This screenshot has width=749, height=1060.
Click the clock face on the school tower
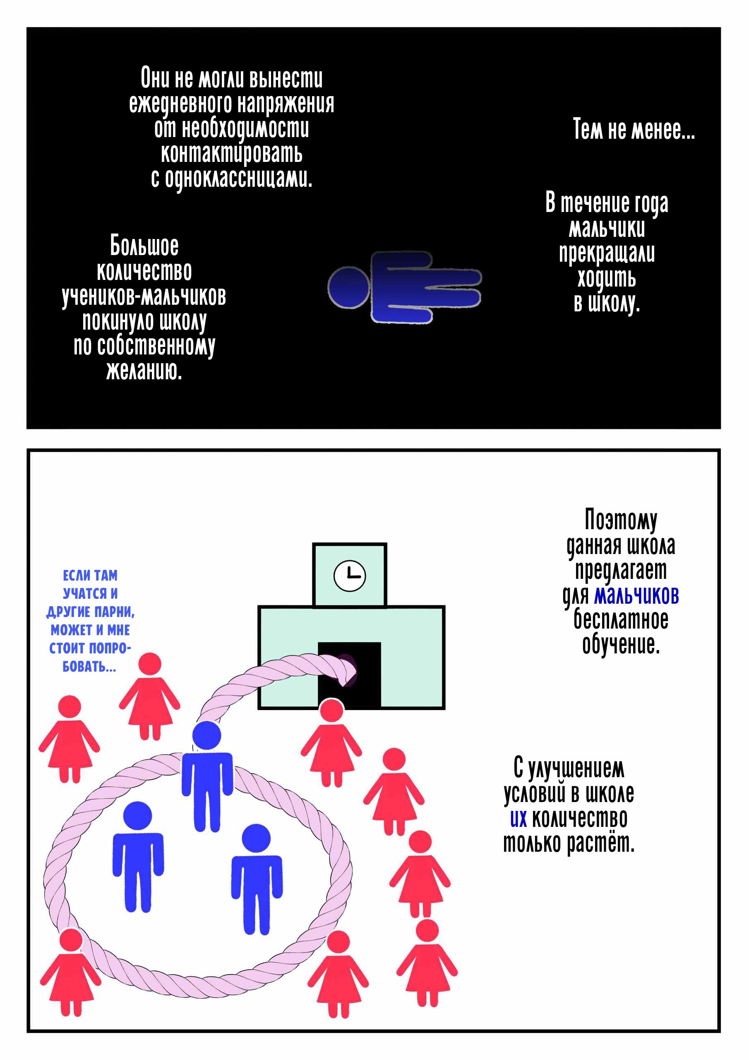tap(349, 576)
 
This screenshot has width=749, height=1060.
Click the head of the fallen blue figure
tap(348, 287)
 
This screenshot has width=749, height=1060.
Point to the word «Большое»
tap(144, 246)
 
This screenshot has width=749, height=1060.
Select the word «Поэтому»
tap(621, 520)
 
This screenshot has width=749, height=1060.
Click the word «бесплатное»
tap(621, 619)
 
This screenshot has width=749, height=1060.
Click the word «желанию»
tap(144, 370)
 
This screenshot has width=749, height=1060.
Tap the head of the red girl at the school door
tap(331, 710)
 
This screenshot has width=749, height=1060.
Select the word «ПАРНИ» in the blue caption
tap(115, 612)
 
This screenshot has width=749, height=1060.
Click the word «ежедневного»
tap(180, 104)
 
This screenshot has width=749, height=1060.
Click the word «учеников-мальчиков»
tap(144, 296)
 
